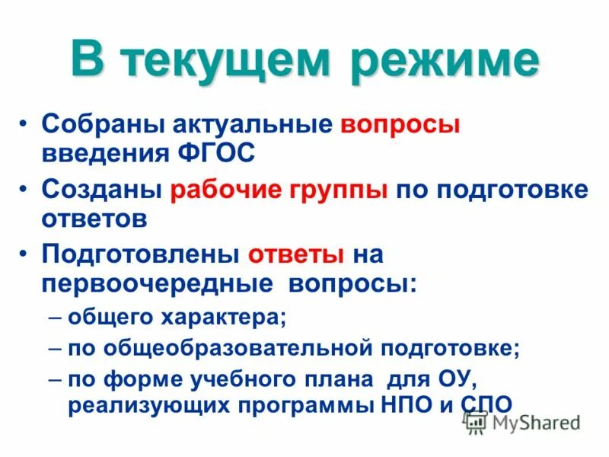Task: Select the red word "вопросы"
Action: pyautogui.click(x=400, y=123)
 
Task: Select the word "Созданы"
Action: pyautogui.click(x=100, y=190)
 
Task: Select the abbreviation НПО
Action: pyautogui.click(x=404, y=404)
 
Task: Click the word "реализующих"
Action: pyautogui.click(x=135, y=404)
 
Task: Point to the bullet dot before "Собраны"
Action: pyautogui.click(x=26, y=124)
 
